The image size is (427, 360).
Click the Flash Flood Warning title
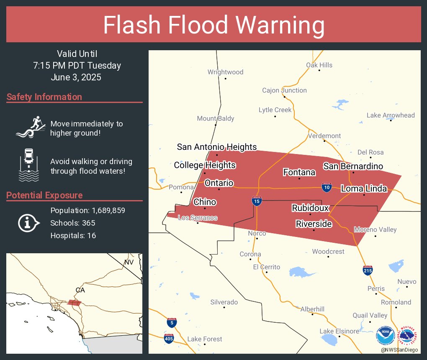213,25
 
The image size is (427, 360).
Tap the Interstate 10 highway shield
327,187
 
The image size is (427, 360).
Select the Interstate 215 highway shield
368,270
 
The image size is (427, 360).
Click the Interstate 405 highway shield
169,338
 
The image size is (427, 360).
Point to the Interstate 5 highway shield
171,322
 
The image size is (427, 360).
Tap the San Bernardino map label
353,166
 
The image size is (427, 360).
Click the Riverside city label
314,224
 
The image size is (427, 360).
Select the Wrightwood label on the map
225,72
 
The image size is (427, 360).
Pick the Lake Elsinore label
339,331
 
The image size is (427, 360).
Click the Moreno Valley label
375,229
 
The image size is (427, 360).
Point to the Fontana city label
299,172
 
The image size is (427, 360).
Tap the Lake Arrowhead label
390,115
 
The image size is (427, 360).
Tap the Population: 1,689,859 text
87,210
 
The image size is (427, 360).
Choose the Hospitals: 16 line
73,235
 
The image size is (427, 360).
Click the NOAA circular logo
385,335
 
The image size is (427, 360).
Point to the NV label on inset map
129,262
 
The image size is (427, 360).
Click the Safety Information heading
44,97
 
